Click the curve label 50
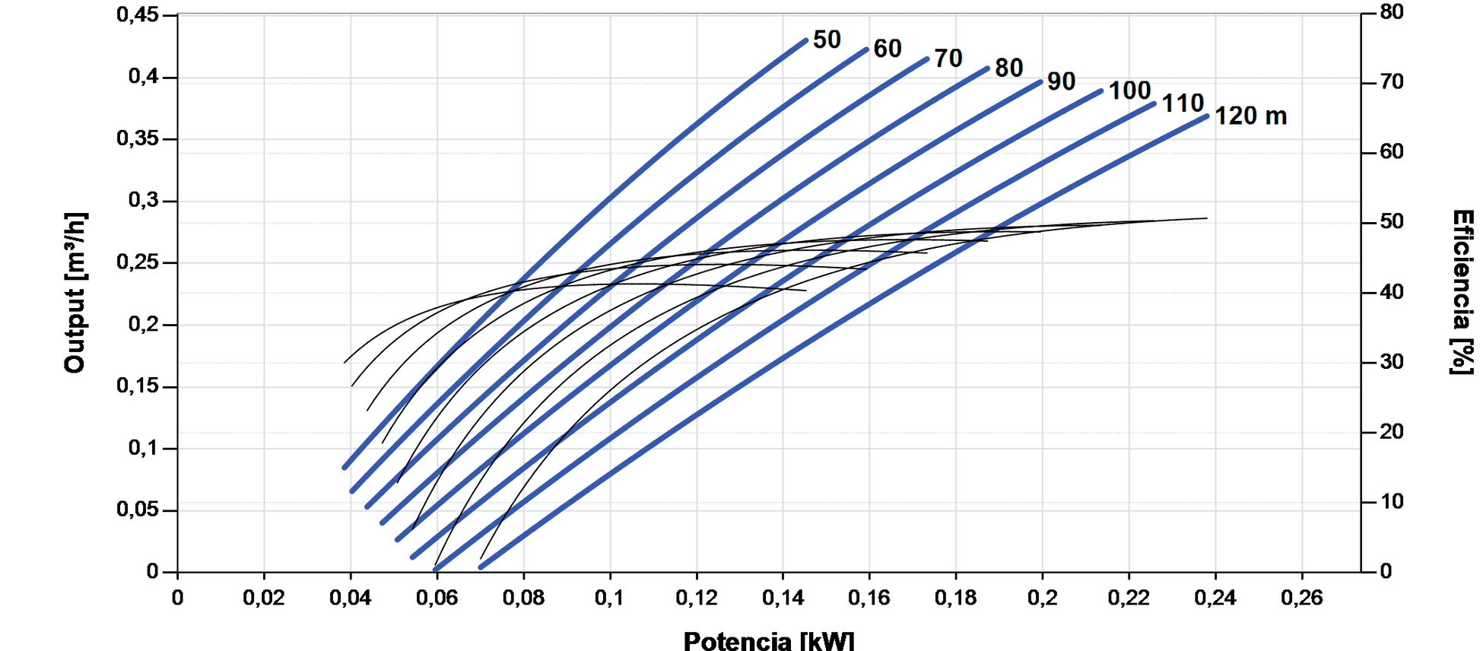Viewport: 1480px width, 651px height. point(827,40)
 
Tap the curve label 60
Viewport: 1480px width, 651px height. point(888,49)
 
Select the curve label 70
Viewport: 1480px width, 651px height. point(948,59)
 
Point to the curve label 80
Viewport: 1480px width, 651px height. point(1009,68)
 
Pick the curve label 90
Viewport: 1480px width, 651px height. point(1062,81)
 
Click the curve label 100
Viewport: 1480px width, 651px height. point(1129,91)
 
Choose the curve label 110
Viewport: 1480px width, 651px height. point(1183,103)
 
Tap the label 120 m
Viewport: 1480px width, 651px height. point(1250,116)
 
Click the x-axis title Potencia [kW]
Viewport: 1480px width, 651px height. point(769,640)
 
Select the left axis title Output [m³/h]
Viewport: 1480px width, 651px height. point(75,293)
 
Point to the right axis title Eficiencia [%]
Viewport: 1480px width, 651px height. point(1462,293)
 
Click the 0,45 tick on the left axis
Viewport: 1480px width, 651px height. point(138,14)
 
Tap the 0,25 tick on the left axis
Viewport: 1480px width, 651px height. point(138,262)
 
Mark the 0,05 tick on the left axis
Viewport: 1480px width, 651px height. point(138,510)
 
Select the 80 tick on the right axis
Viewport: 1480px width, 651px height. point(1392,12)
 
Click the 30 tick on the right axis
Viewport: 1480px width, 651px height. point(1392,362)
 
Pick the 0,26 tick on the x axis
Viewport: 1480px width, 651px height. point(1302,599)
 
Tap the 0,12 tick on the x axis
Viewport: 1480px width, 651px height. point(697,599)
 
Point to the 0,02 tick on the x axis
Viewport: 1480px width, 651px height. point(264,599)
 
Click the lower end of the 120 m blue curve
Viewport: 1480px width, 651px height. point(481,567)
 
